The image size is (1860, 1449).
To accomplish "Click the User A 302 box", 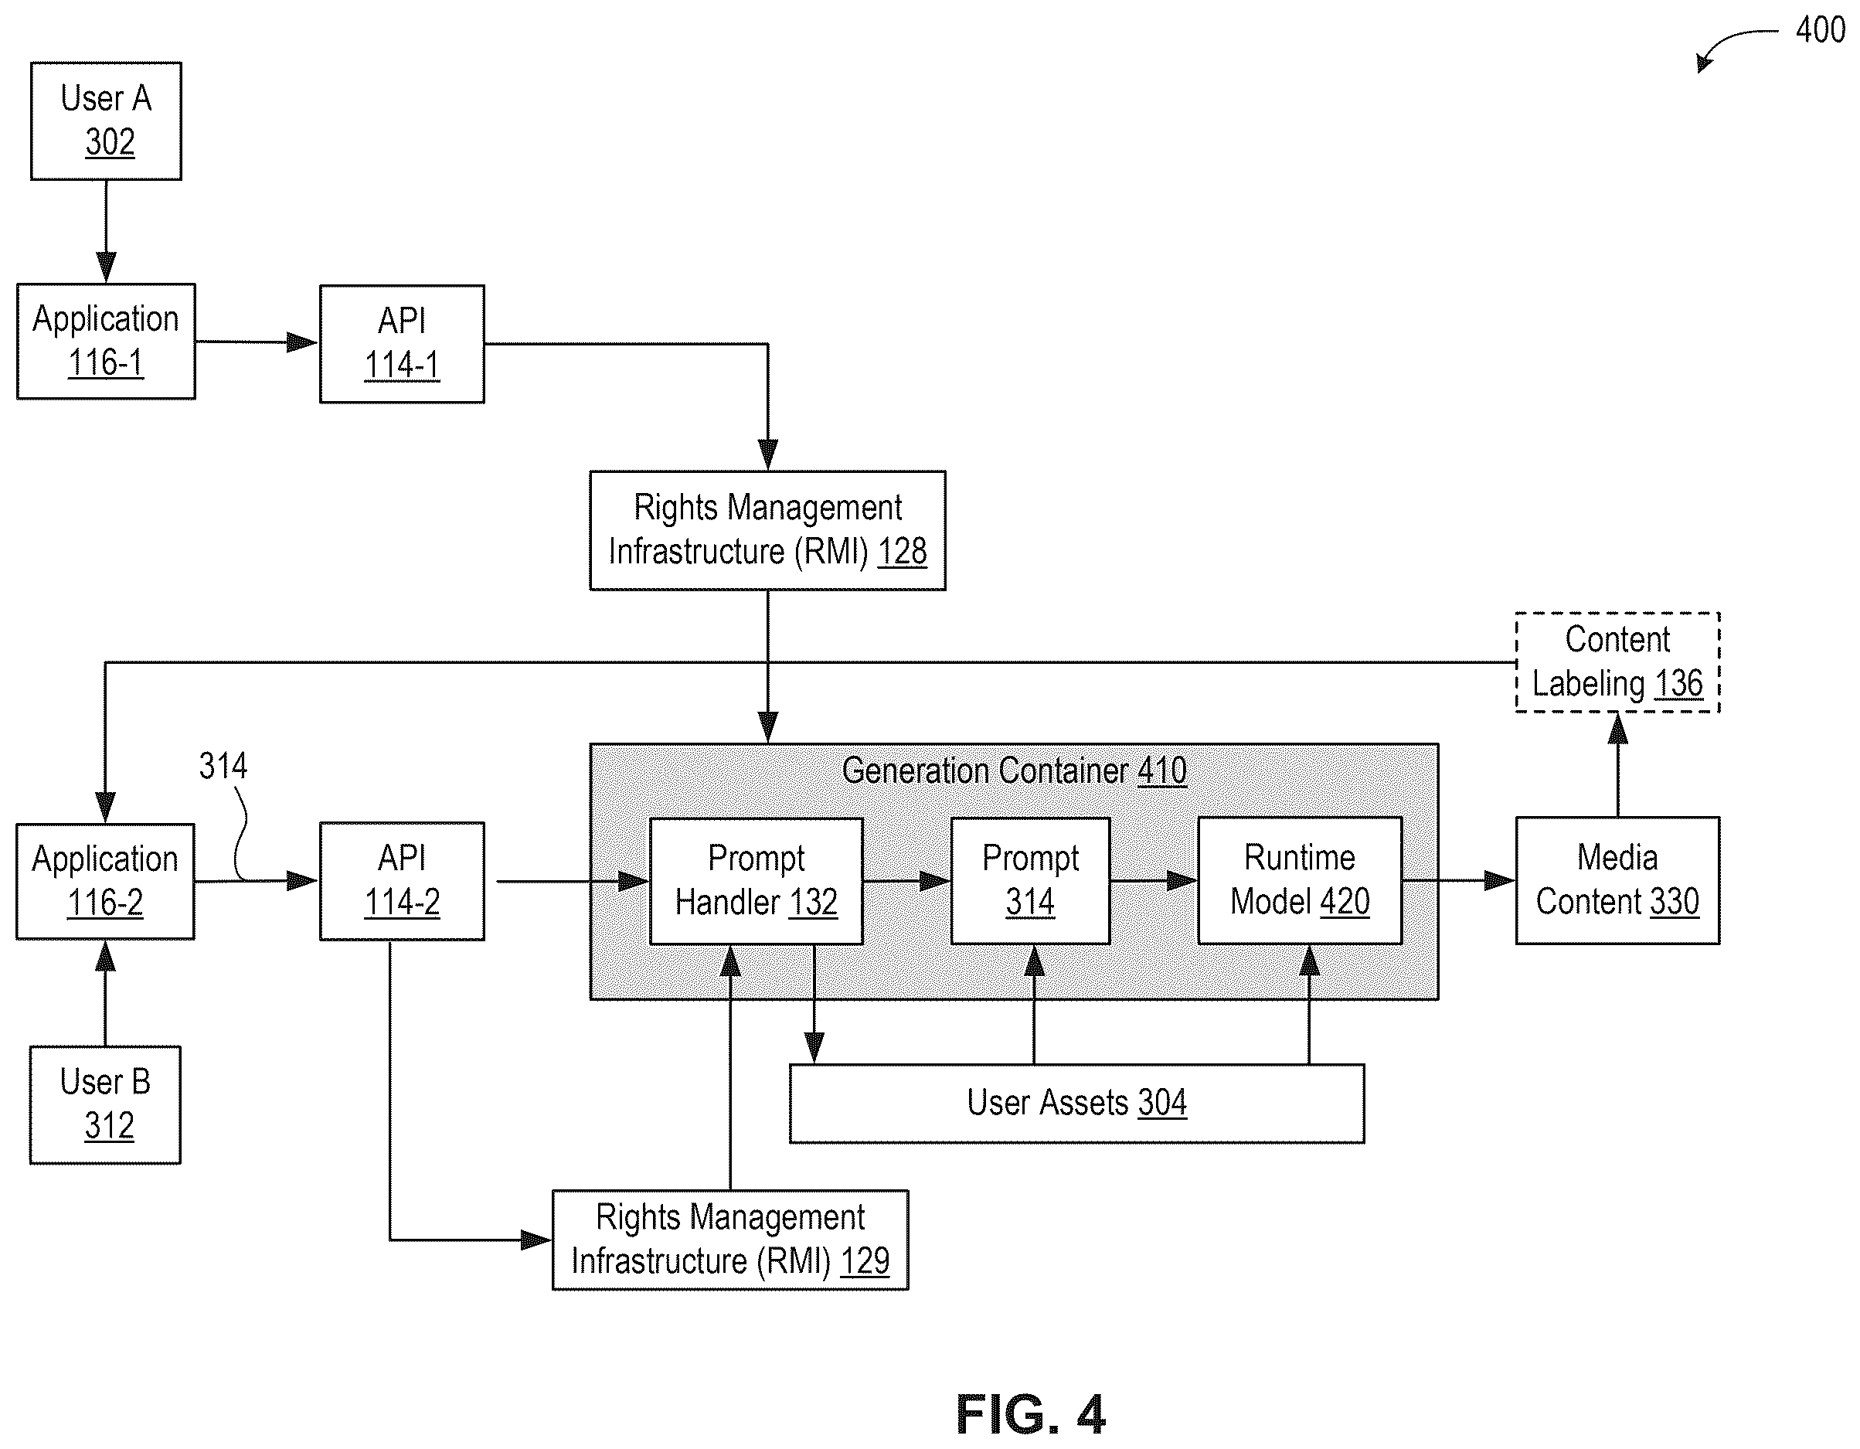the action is click(107, 121).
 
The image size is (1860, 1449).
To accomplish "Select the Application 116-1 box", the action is click(107, 342).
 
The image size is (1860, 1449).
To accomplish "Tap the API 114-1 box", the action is click(402, 344).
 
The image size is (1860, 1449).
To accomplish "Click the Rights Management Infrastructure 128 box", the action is click(767, 531).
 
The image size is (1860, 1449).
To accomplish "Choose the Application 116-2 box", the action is click(106, 882).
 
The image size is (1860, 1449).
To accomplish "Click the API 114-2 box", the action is click(402, 882).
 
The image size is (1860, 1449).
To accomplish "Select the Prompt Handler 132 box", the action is click(757, 882).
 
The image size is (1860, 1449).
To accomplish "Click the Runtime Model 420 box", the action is click(1300, 881).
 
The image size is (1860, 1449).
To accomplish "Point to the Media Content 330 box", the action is click(1617, 881).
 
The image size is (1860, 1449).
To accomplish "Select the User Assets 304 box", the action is click(1076, 1103).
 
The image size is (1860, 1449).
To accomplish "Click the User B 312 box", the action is click(106, 1105).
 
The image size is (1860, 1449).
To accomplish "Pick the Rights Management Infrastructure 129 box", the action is click(731, 1240).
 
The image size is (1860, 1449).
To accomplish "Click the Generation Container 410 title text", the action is click(1015, 771).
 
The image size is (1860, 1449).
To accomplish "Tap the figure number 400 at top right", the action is click(1820, 30).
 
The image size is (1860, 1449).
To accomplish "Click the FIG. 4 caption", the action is click(1031, 1415).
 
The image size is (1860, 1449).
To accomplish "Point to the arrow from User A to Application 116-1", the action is click(106, 232).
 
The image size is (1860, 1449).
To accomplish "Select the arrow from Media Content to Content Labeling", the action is click(1617, 765).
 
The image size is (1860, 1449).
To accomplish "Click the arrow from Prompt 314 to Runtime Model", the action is click(1154, 881).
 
